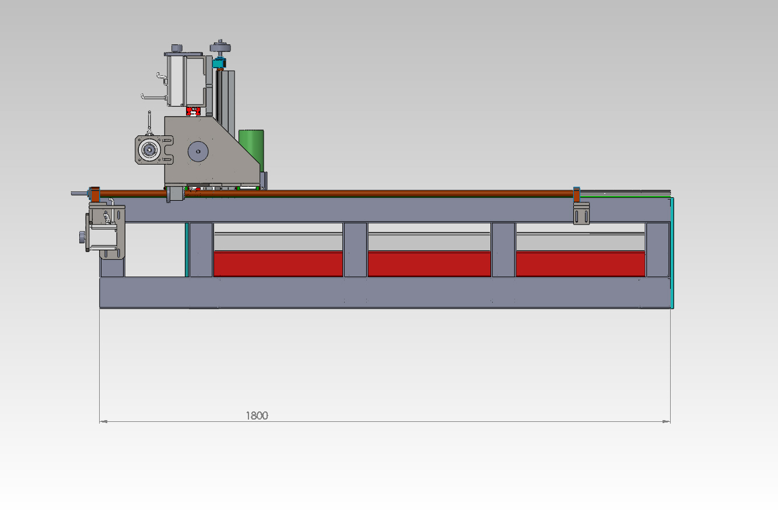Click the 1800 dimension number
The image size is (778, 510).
point(257,415)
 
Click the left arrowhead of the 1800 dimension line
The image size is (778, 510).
point(103,422)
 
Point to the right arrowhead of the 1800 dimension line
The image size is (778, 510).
point(666,422)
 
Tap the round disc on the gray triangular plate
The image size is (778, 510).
point(198,152)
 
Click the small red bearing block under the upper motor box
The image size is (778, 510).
point(194,111)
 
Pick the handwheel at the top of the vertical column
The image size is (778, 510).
point(220,47)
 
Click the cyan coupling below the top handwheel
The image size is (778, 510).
point(219,63)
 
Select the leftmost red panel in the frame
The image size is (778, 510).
point(278,264)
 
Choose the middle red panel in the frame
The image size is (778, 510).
point(429,264)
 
